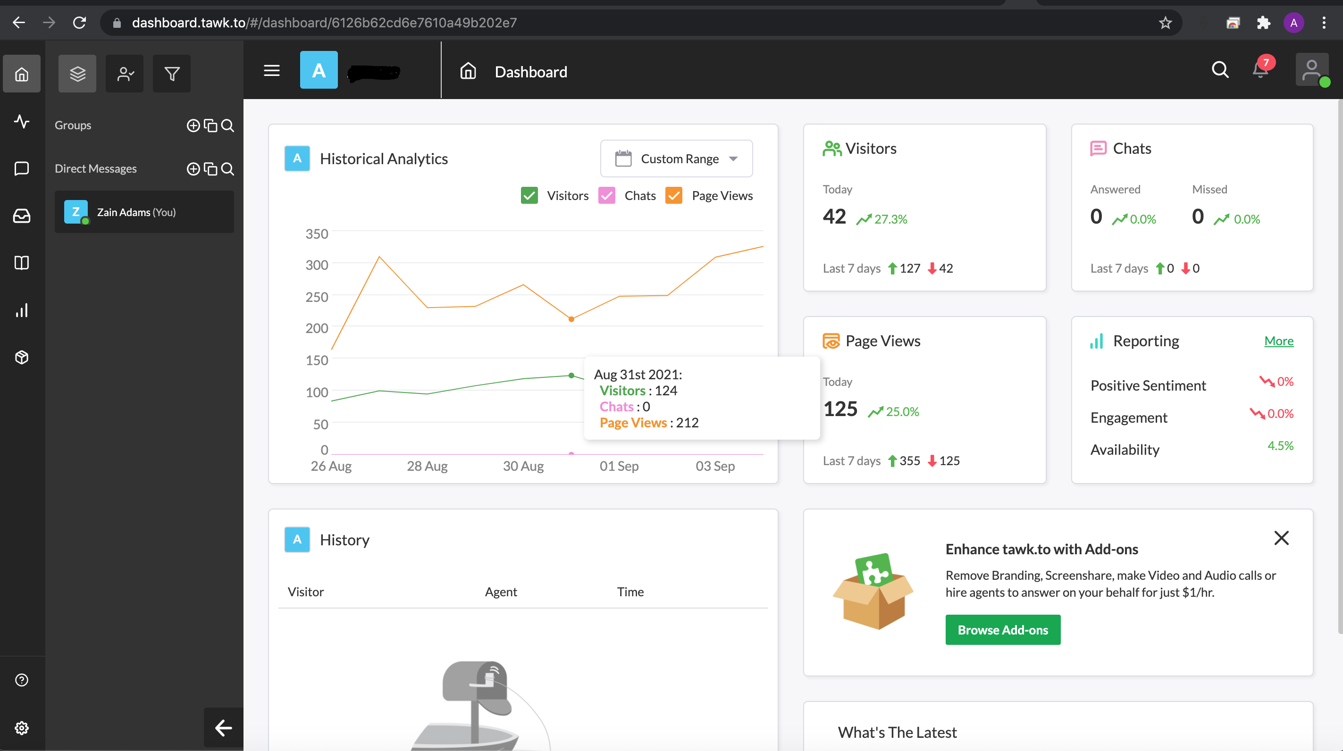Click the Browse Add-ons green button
1003,630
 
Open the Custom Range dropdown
676,159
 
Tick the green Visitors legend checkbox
529,195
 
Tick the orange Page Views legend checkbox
673,195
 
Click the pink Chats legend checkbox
607,195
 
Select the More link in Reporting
1279,341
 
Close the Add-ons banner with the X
1282,538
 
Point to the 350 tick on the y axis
317,234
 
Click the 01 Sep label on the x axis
619,466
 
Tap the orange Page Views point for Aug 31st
571,319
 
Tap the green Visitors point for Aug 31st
571,375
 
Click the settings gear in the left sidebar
21,727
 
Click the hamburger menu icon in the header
272,70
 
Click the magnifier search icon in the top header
1220,70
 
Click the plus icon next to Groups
193,125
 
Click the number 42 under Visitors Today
834,216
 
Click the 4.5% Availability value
1280,446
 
